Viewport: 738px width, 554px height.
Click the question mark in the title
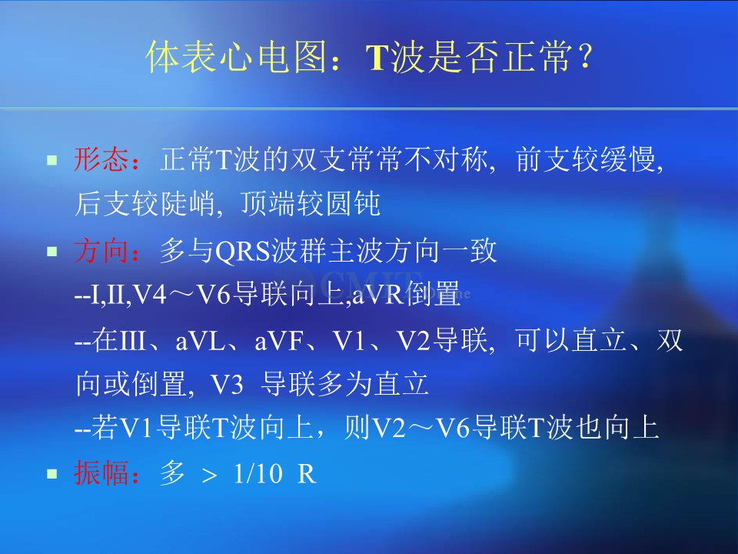point(585,56)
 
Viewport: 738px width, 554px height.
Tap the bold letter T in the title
point(378,58)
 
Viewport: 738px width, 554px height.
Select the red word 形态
point(101,159)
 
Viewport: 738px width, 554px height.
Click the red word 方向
point(101,251)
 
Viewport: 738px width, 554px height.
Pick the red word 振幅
point(101,472)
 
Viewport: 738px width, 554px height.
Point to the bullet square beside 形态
point(52,160)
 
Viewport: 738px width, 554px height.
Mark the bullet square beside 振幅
point(52,473)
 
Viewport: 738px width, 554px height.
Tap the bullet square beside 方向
point(52,252)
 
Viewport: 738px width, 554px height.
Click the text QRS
point(244,252)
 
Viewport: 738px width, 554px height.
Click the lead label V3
point(227,385)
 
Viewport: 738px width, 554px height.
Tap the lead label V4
point(150,295)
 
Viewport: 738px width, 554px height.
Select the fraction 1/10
point(258,473)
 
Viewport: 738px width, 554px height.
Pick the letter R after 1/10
point(307,473)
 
